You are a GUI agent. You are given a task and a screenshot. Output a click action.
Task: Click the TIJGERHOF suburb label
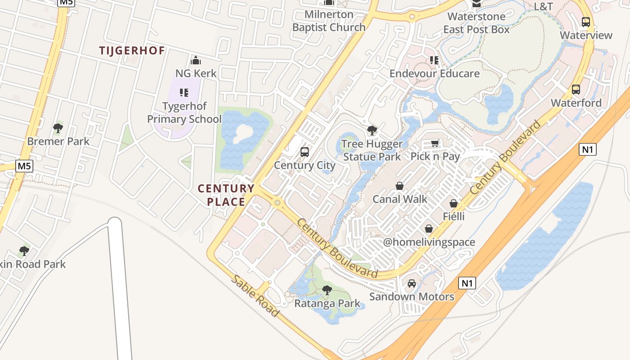click(132, 50)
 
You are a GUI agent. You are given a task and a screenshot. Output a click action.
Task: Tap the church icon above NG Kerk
click(196, 60)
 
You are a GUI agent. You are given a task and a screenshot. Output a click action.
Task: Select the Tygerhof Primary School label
click(184, 112)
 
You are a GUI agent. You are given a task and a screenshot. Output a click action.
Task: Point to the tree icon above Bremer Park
click(58, 129)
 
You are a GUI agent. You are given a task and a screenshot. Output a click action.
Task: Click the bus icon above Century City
click(305, 152)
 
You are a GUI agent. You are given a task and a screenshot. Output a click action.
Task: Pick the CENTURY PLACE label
click(226, 195)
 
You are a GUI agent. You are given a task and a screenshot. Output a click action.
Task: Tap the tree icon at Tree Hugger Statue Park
click(372, 131)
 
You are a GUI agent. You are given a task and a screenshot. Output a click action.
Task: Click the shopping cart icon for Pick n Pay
click(435, 144)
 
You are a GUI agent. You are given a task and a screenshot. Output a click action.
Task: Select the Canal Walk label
click(400, 199)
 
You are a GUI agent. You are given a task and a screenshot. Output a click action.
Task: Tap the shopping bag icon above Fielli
click(454, 203)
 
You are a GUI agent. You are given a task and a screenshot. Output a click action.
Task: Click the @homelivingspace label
click(429, 242)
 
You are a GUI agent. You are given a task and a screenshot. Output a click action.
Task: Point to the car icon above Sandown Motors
click(411, 283)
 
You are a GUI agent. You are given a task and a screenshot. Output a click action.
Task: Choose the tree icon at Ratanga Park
click(327, 290)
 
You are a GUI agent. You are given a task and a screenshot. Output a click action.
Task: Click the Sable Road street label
click(255, 295)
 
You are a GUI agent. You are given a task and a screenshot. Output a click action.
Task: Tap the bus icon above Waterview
click(586, 22)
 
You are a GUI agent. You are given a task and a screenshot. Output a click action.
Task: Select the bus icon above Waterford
click(576, 90)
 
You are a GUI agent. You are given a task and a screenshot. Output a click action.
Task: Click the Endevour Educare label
click(434, 73)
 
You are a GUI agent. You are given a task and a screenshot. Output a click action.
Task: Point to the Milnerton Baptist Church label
click(329, 21)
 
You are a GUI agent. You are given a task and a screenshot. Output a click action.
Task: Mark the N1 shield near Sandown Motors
click(467, 283)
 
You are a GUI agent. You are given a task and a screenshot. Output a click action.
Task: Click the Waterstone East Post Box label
click(476, 23)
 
